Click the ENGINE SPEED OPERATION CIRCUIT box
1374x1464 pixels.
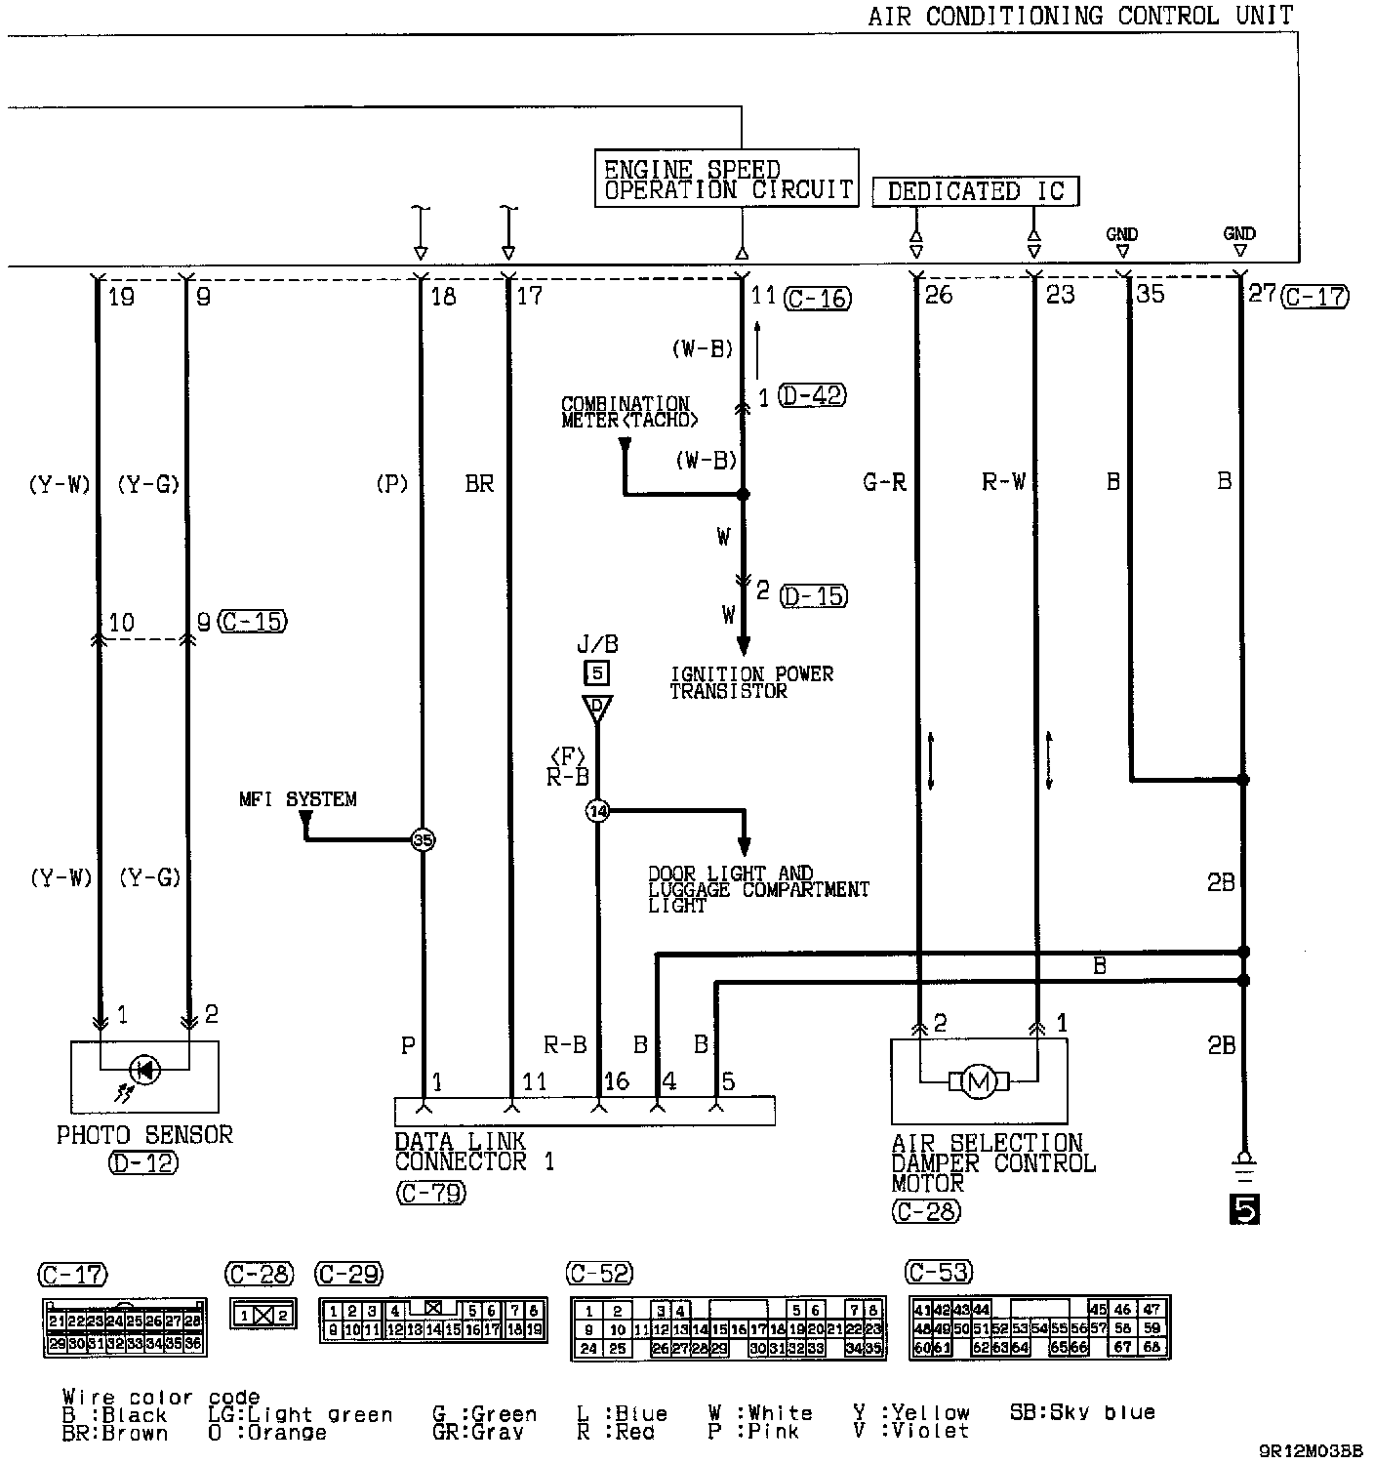tap(726, 179)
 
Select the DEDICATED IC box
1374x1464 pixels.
tap(975, 191)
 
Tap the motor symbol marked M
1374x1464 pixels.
tap(977, 1080)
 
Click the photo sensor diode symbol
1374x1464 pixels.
tap(145, 1070)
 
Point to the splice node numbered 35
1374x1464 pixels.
tap(422, 839)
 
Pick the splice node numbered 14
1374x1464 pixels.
tap(597, 810)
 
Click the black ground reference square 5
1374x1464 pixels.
tap(1244, 1210)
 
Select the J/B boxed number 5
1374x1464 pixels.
tap(596, 671)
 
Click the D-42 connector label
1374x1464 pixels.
tap(813, 396)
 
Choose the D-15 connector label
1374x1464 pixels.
tap(815, 594)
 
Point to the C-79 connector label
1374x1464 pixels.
tap(431, 1193)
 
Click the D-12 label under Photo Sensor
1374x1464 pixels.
tap(143, 1163)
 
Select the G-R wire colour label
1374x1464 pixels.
tap(885, 482)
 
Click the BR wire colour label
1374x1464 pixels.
tap(479, 483)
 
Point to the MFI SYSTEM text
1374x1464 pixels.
tap(298, 799)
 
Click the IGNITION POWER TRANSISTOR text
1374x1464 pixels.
tap(751, 682)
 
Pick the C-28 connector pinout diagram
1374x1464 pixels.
tap(263, 1314)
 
